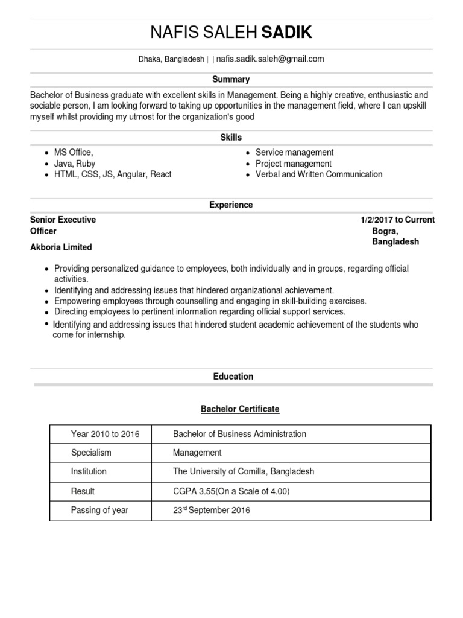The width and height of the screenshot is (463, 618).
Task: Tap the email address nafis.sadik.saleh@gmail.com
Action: tap(270, 59)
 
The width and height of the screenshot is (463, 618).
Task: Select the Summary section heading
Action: tap(231, 79)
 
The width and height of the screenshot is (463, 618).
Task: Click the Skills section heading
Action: tap(231, 138)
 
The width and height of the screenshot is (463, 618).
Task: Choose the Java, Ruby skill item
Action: tap(75, 164)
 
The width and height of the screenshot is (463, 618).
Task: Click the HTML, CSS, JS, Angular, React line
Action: tap(113, 174)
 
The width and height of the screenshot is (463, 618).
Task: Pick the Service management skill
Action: tap(294, 153)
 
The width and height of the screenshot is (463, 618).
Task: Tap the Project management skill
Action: tap(293, 164)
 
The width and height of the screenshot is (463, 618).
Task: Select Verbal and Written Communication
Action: tap(319, 174)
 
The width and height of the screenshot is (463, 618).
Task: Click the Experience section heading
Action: tap(231, 205)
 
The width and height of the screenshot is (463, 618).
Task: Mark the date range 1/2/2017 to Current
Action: tap(397, 220)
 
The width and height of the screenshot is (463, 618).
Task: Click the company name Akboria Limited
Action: tap(61, 247)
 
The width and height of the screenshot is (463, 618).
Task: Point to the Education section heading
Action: tap(233, 377)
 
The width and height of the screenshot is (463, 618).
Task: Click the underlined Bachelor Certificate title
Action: tap(240, 409)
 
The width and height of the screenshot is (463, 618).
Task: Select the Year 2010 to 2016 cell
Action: tap(105, 434)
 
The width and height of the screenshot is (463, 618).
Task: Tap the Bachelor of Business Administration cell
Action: tap(239, 434)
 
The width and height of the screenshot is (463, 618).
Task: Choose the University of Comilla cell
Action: tap(244, 471)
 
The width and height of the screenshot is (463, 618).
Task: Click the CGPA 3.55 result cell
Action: tap(231, 491)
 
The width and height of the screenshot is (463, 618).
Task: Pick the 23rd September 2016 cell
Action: tap(211, 511)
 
